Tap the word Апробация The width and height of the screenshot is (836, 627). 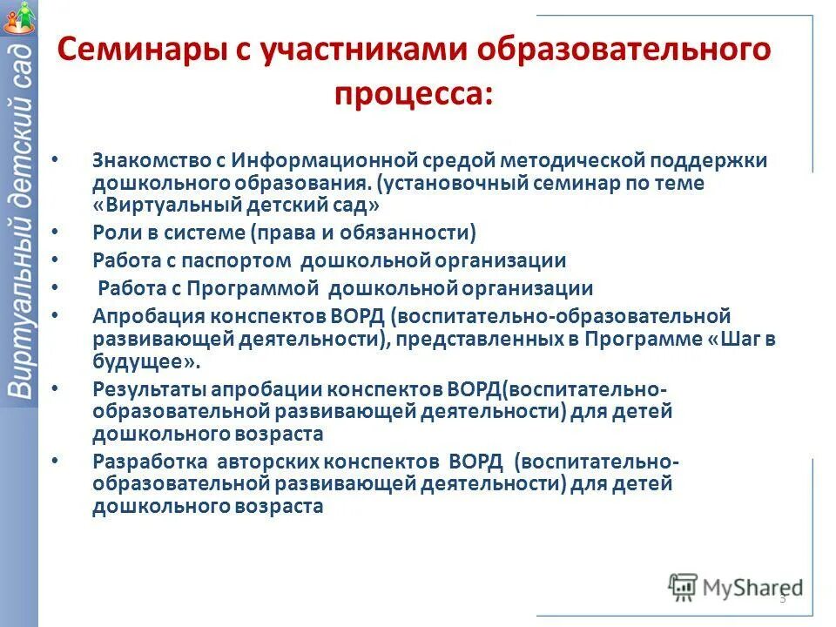[137, 314]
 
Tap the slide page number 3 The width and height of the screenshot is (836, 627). [782, 598]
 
